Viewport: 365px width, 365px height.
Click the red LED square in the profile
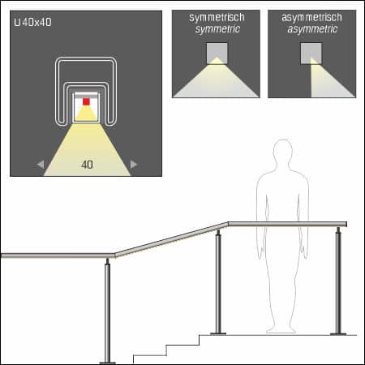coord(86,102)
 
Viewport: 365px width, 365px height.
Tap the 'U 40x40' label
coord(34,23)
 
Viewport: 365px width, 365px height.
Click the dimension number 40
coord(86,164)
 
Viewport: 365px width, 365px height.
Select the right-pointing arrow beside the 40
coord(134,165)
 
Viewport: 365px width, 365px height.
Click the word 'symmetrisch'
coord(216,17)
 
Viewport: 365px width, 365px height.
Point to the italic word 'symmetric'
coord(216,29)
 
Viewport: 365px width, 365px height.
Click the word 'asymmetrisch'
coord(311,17)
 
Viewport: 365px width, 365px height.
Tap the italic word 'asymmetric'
coord(311,29)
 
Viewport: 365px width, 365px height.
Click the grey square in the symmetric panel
coord(216,54)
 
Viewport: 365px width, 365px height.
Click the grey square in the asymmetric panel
coord(311,54)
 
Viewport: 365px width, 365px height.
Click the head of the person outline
coord(282,154)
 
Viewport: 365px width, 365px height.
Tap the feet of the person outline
coord(281,328)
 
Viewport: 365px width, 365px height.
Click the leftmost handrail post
coord(107,312)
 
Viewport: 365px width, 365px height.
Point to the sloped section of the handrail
coord(170,240)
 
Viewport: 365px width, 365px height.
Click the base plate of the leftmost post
coord(107,361)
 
